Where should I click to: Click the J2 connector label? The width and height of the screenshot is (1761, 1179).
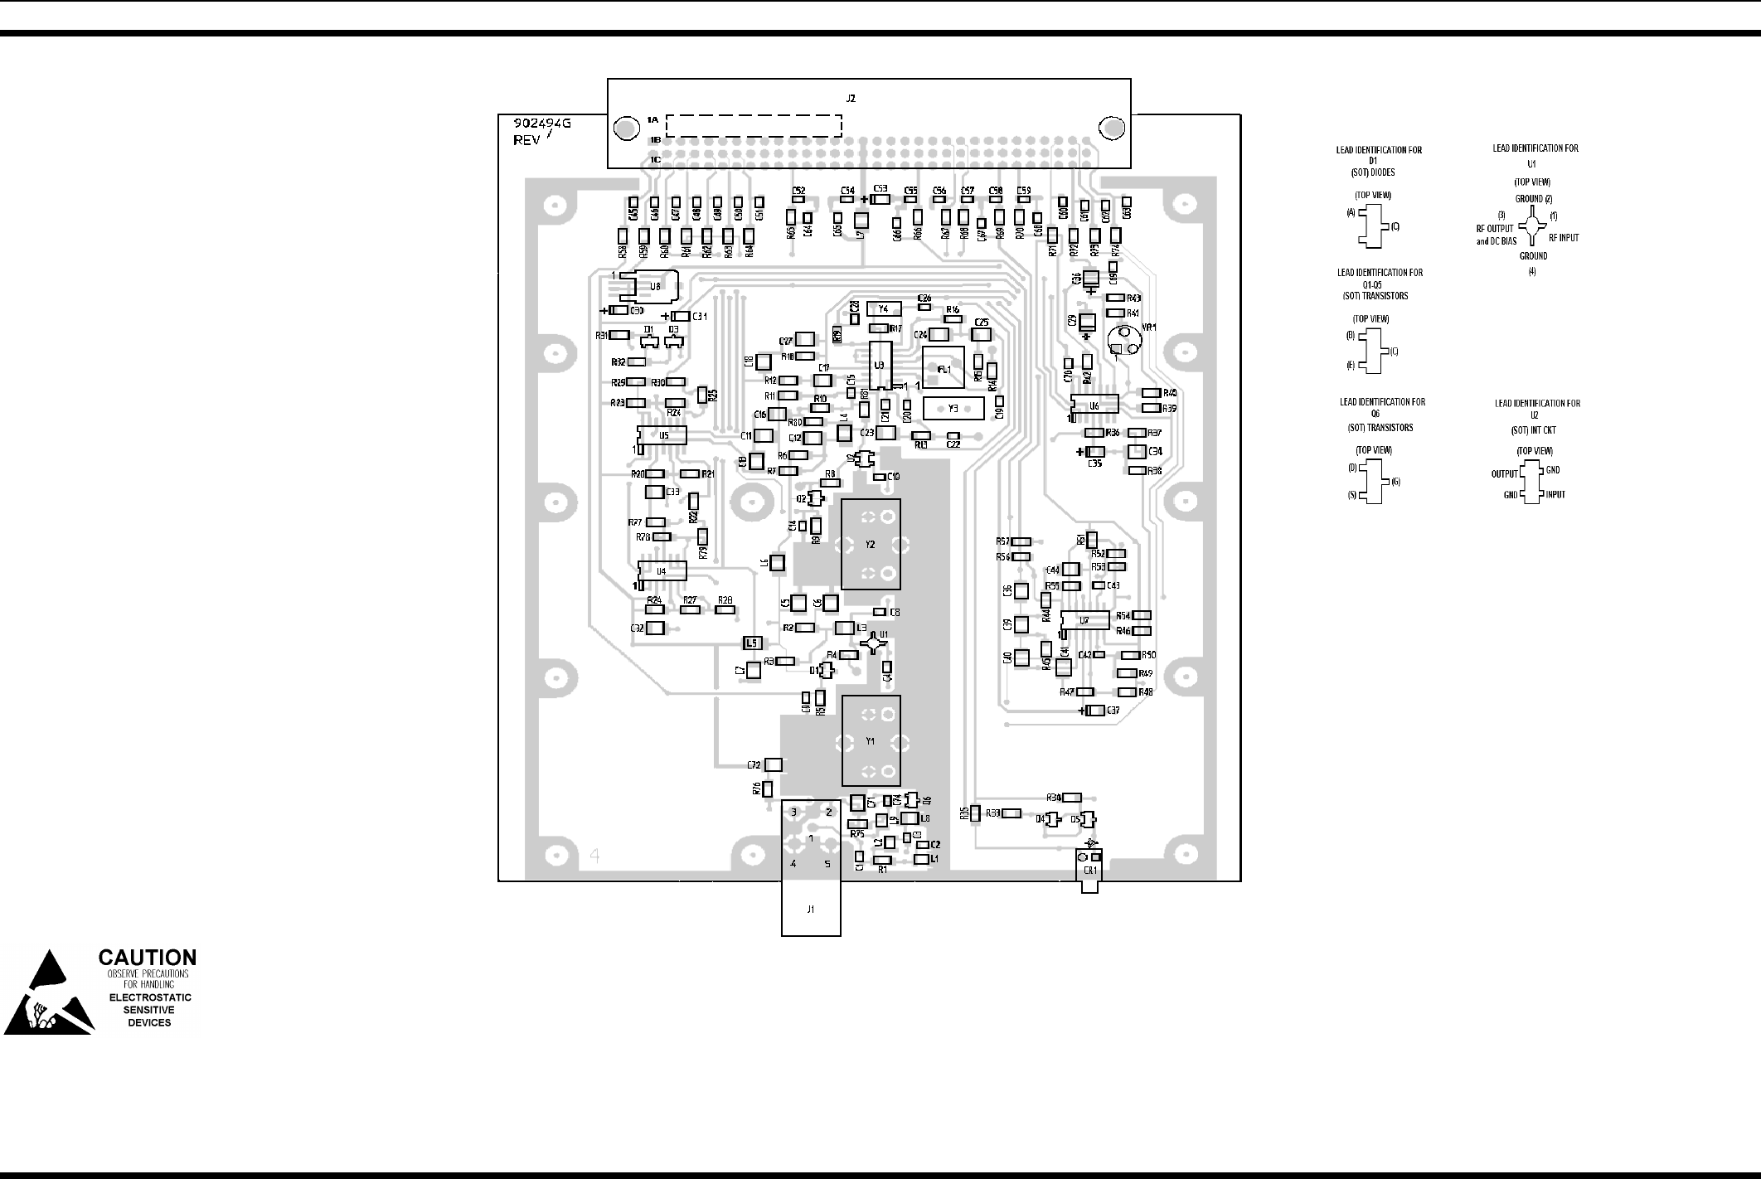click(851, 99)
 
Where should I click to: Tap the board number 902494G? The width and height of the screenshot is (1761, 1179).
click(541, 124)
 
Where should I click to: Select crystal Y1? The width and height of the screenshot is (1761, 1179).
click(871, 740)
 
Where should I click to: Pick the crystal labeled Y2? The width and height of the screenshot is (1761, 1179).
click(871, 544)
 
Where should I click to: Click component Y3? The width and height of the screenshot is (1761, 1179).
click(953, 408)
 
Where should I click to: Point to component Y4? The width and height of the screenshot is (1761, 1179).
click(883, 308)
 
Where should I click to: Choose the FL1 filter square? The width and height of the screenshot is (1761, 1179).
click(944, 368)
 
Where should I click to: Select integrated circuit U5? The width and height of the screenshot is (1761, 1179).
click(662, 435)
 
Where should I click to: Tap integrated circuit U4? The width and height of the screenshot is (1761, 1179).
click(662, 571)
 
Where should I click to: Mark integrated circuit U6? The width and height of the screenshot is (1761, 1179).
click(1094, 405)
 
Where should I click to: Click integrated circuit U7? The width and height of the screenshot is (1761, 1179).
click(1084, 620)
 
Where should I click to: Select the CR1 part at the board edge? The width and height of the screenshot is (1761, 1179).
click(1089, 871)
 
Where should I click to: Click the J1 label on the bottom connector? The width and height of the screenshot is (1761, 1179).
click(811, 910)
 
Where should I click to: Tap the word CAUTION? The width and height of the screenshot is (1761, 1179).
click(148, 958)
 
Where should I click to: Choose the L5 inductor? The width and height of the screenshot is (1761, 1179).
click(752, 643)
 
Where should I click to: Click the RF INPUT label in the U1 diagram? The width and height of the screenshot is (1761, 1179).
click(1564, 238)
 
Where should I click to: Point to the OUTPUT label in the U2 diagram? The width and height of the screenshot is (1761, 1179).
click(1504, 474)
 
